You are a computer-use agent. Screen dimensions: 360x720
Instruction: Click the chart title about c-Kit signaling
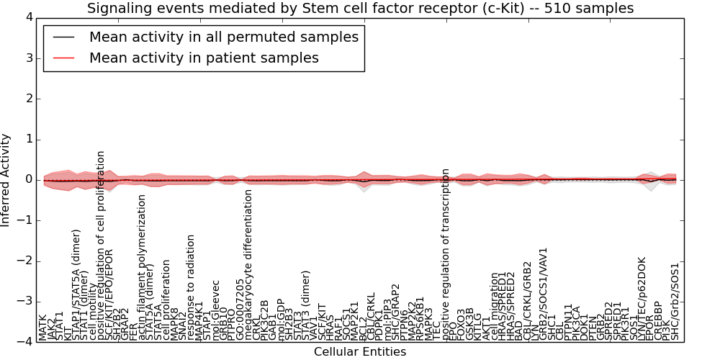pos(360,9)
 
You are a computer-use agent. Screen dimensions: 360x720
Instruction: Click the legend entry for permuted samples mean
pos(223,37)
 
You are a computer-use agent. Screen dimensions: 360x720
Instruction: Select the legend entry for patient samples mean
pos(204,58)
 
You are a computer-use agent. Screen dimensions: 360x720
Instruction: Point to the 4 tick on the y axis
pos(27,17)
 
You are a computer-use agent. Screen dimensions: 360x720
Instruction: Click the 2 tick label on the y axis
pos(27,99)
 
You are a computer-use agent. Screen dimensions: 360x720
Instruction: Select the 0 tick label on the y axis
pos(27,179)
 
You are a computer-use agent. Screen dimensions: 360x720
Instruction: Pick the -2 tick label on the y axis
pos(24,261)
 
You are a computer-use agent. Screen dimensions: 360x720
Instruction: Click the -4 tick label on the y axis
pos(24,341)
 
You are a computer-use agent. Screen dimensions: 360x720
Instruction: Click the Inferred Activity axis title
pos(6,179)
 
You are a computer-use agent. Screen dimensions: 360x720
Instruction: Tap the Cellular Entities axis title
pos(360,352)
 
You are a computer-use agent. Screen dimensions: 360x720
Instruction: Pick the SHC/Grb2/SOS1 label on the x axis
pos(675,302)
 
